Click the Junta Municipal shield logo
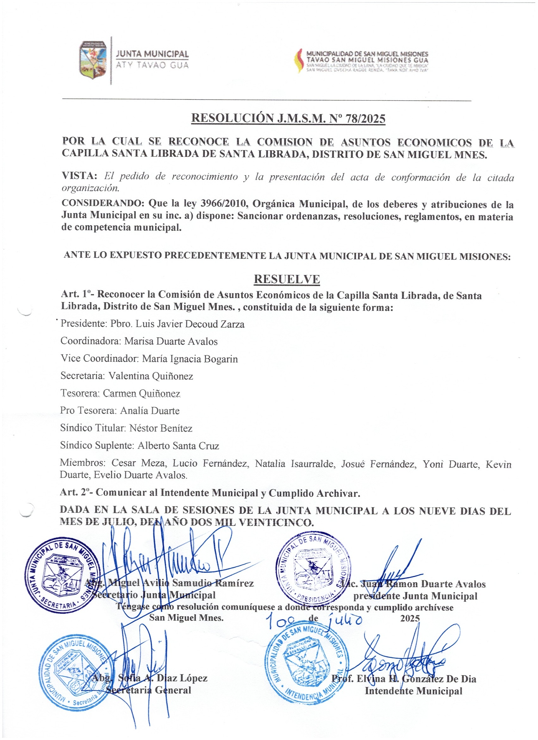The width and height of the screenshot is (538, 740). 93,60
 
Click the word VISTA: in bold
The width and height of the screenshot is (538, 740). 80,176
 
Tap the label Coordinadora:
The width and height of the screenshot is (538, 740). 90,341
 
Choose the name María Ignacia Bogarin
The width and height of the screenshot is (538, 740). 190,359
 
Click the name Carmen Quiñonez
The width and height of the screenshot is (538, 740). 141,393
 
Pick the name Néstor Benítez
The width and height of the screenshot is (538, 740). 161,428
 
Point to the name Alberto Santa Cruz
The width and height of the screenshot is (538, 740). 178,446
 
